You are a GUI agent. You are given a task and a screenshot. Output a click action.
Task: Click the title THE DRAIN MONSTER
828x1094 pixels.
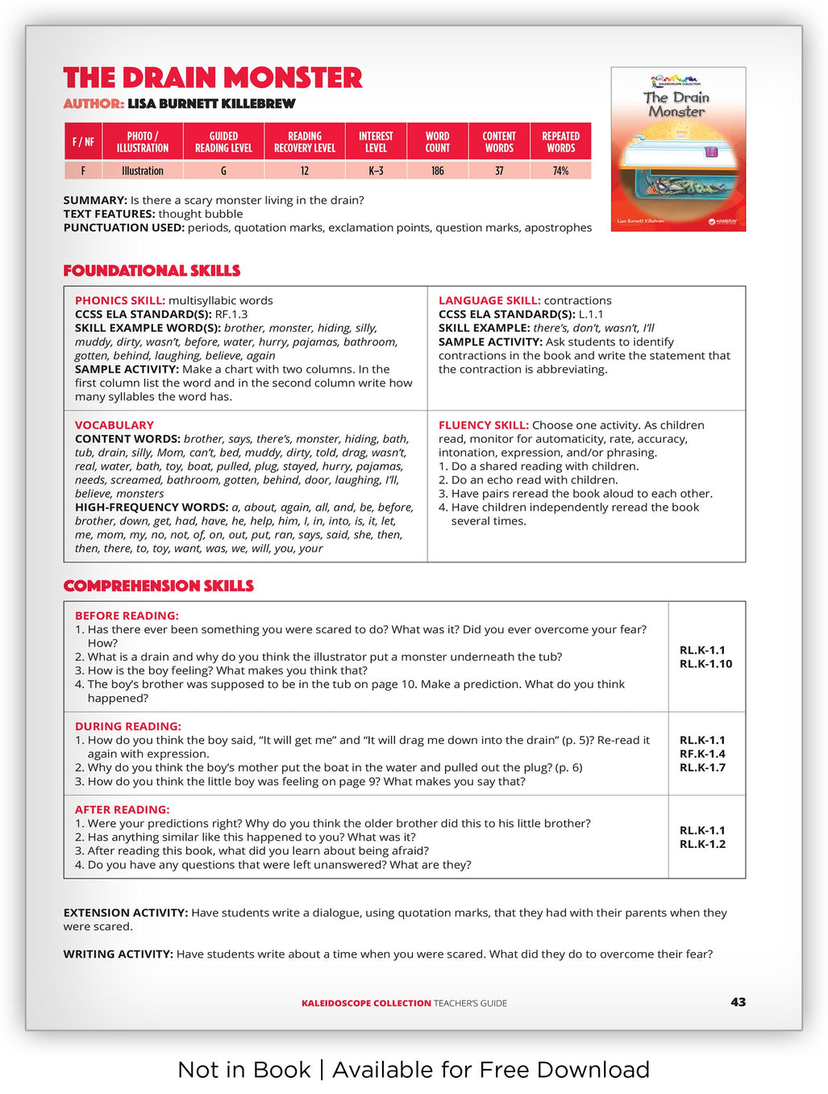point(213,77)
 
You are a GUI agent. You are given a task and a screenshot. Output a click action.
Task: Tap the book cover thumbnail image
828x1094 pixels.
point(678,149)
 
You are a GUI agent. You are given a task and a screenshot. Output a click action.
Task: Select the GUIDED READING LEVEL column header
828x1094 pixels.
point(223,142)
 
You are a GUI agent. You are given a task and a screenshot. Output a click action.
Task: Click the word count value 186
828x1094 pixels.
point(437,171)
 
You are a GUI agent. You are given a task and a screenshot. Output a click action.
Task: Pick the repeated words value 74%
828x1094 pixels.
point(560,171)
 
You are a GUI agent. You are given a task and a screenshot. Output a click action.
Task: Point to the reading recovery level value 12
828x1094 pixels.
point(304,171)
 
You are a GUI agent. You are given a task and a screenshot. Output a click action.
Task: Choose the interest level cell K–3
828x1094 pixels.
point(376,171)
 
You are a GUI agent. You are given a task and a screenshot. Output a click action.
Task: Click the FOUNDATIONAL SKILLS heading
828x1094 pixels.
point(152,270)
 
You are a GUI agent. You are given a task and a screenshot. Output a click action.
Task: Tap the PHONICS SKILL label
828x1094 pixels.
point(119,300)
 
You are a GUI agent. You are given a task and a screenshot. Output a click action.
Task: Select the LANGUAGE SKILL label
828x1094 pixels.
point(489,300)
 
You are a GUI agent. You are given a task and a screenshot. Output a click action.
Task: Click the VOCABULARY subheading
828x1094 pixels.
point(114,425)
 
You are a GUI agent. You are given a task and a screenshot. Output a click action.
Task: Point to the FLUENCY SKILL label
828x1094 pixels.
point(483,425)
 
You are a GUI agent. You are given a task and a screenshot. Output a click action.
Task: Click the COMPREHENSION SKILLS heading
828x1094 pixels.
point(158,586)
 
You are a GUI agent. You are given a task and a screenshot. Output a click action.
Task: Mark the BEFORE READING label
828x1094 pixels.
point(127,616)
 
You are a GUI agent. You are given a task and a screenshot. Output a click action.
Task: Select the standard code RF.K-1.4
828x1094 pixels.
point(702,754)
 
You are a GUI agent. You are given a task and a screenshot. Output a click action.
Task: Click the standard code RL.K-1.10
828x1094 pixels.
point(705,664)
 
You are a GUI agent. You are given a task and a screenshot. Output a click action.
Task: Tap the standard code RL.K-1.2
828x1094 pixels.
point(702,844)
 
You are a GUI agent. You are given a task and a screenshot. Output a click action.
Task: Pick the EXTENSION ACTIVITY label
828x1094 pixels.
point(125,912)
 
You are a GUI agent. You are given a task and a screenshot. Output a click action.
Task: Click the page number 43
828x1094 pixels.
point(738,1002)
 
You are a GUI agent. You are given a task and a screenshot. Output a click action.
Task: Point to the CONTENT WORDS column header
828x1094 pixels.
point(499,142)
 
